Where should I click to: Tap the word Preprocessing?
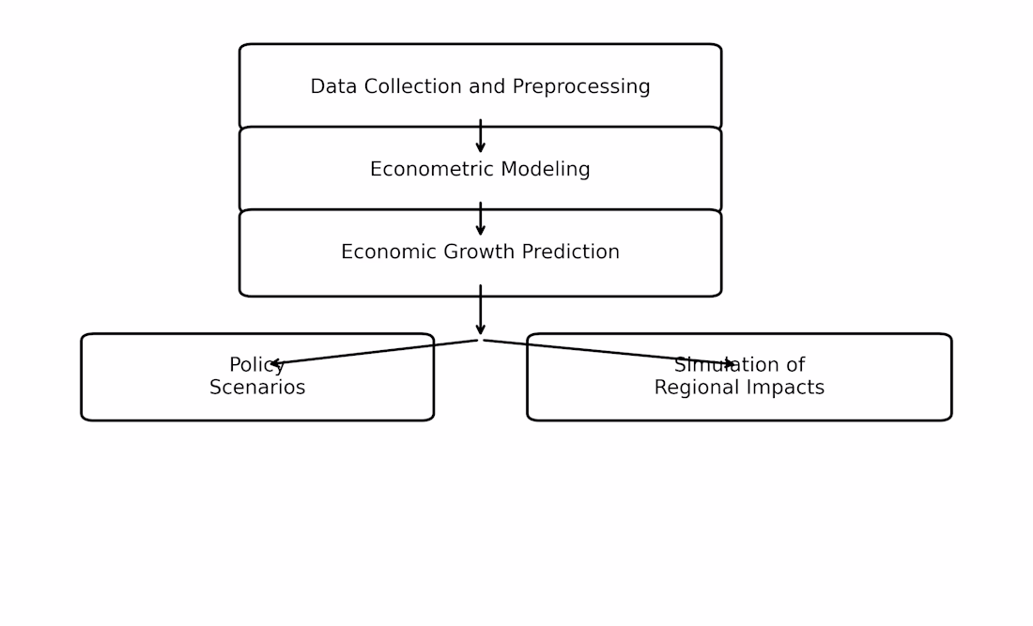581,87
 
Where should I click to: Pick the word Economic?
389,252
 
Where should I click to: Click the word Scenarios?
257,388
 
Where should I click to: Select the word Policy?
257,366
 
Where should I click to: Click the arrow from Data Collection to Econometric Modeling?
480,135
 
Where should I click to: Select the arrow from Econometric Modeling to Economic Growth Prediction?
480,219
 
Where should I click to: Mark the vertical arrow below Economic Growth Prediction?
480,310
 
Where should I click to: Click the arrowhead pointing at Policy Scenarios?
276,362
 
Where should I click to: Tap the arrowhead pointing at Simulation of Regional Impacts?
729,363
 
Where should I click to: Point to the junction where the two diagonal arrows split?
480,340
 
